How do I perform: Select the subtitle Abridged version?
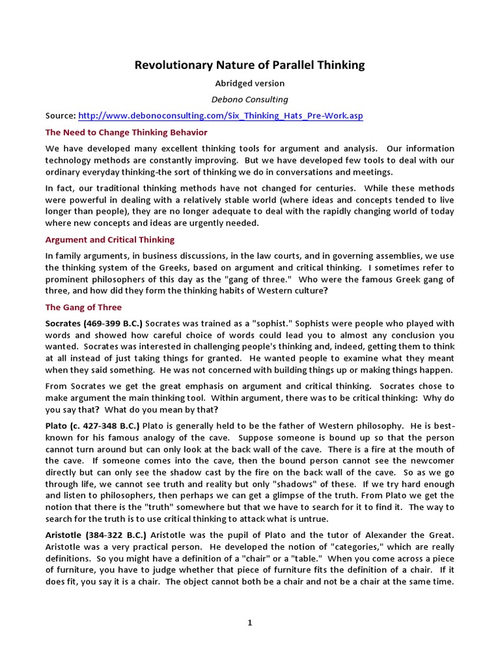click(249, 83)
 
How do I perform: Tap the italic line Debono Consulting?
click(249, 99)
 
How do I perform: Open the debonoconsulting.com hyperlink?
click(221, 115)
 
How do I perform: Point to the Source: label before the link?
click(61, 115)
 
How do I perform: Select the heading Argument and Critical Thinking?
click(109, 240)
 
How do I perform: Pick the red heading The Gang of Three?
click(83, 307)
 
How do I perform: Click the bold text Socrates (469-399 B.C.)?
click(94, 324)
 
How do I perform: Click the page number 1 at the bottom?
click(249, 623)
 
